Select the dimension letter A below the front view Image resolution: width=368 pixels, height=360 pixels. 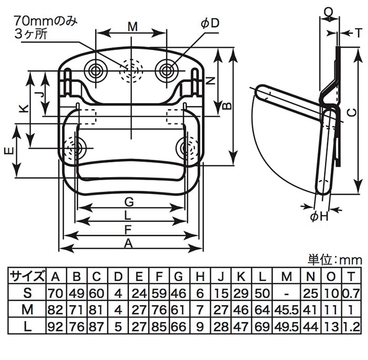[128, 242]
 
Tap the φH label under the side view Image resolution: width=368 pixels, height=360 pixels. [319, 217]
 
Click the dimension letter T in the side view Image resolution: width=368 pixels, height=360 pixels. [358, 33]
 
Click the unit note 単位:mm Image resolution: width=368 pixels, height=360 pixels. [334, 260]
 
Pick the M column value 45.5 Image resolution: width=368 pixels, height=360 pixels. [286, 309]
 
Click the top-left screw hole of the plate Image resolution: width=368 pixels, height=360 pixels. [96, 70]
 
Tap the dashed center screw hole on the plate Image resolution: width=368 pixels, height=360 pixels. [131, 69]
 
